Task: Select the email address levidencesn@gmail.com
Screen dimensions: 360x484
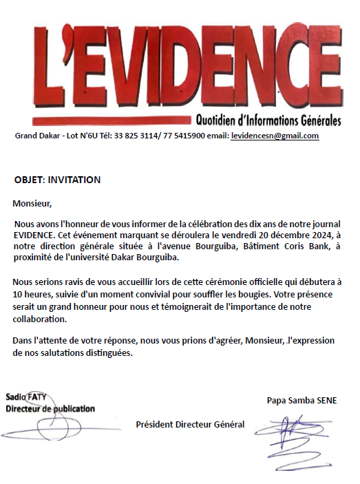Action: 275,136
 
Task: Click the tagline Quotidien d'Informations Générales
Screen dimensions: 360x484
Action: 268,121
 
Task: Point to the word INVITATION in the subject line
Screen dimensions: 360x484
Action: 75,180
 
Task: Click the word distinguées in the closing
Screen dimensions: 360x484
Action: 107,353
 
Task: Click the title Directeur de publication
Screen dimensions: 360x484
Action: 50,408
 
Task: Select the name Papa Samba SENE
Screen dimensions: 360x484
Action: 302,401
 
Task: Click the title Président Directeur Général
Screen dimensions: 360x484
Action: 190,424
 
